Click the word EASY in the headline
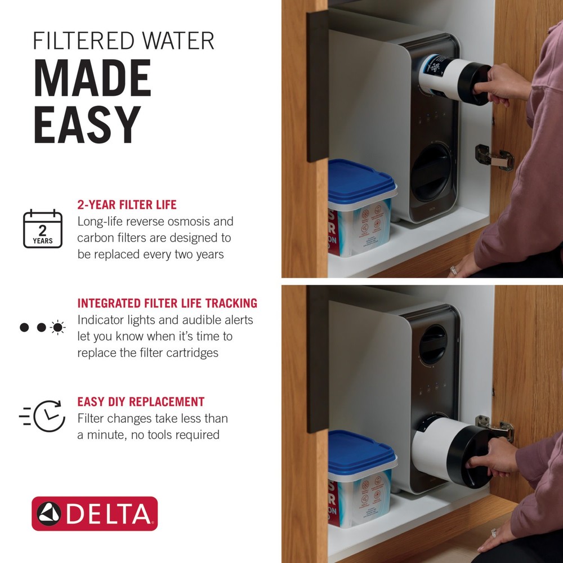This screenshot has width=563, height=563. point(87,124)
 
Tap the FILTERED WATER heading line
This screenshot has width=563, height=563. point(123,41)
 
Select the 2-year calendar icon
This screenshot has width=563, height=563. point(43,229)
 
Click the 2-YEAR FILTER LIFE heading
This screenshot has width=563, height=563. point(127,204)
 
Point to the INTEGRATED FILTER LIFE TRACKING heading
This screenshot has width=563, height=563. point(167,303)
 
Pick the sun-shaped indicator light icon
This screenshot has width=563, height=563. point(57,327)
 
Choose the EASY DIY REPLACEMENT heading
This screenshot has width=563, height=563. point(141,402)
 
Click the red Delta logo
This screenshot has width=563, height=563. point(95,513)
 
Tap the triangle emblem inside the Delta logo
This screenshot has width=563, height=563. point(49,513)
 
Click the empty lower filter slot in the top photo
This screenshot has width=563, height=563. point(430,172)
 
